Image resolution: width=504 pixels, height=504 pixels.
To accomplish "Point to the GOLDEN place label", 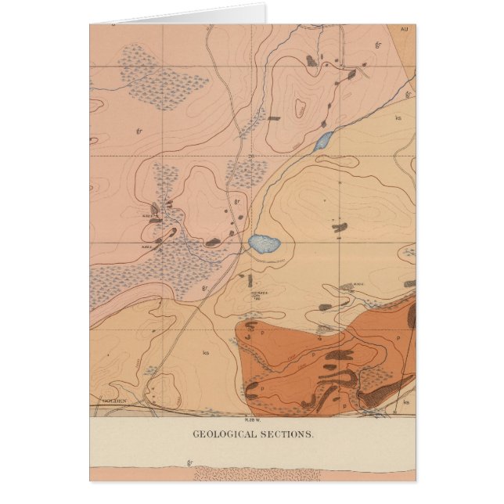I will (x=114, y=399).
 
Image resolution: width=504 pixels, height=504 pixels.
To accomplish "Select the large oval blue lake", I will (x=264, y=243).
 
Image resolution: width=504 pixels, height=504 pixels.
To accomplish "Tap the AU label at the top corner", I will (x=404, y=29).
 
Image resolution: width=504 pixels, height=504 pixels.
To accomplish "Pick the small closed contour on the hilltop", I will (x=299, y=107).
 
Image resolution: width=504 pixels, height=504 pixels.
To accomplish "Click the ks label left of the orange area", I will (x=205, y=352).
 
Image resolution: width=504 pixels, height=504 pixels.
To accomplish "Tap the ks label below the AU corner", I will (x=398, y=118).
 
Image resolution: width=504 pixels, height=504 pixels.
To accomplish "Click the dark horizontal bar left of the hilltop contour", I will (x=274, y=119).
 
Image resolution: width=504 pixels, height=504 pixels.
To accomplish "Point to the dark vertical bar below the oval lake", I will (x=250, y=279).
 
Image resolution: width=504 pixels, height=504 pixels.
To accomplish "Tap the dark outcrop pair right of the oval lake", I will (x=338, y=228).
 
